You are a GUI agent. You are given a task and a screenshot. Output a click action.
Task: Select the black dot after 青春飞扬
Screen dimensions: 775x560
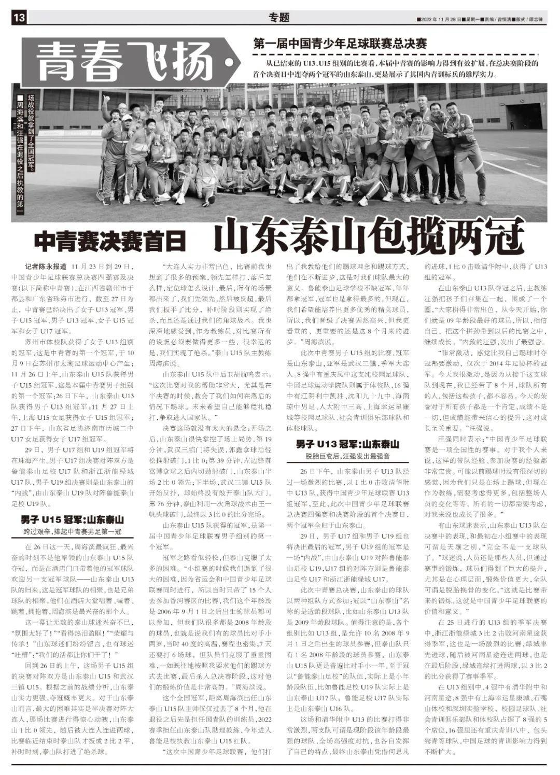click(229, 63)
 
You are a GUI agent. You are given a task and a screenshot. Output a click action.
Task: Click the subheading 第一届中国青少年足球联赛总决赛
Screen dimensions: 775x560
click(340, 44)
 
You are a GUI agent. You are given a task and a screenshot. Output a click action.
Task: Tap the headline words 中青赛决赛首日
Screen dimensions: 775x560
click(109, 241)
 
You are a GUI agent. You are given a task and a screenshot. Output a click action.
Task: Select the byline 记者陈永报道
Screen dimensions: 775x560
click(46, 265)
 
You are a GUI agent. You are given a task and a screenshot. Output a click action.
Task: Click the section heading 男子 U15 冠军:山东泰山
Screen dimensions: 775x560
click(73, 519)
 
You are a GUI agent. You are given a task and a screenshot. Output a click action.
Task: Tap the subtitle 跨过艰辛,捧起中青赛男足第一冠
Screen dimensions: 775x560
click(73, 531)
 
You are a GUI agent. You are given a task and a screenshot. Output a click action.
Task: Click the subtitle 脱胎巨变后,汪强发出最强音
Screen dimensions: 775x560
click(347, 457)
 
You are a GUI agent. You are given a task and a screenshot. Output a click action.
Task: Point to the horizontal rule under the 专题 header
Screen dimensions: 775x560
click(280, 26)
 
